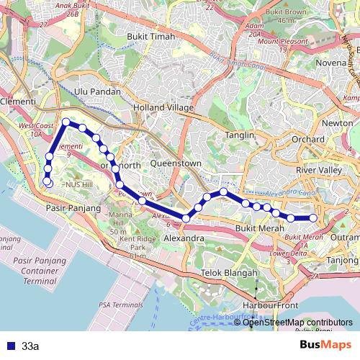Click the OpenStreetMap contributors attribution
coord(297,323)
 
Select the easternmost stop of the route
coord(313,218)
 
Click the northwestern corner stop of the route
coord(66,122)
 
